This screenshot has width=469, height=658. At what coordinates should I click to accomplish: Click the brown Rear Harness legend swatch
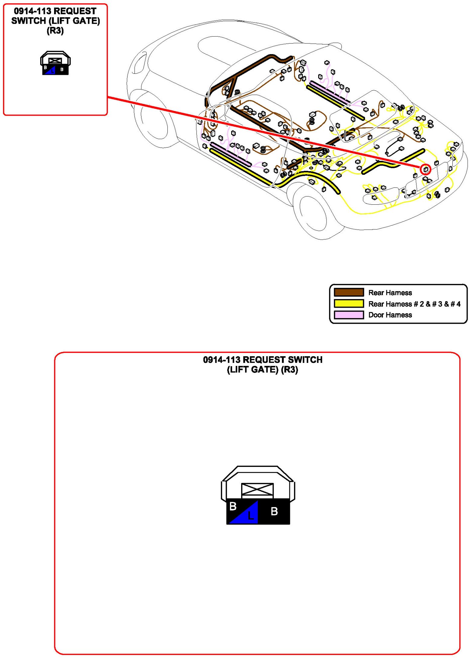(349, 292)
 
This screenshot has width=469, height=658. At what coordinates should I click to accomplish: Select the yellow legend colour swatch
(349, 304)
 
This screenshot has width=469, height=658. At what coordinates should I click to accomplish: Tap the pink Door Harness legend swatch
(349, 315)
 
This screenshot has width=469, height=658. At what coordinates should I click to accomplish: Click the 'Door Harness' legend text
(390, 315)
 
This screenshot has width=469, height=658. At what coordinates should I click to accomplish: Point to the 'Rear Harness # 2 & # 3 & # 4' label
(414, 304)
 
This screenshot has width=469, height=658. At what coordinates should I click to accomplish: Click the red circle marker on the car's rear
(425, 169)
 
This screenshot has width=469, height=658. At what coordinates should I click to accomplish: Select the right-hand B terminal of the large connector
(274, 511)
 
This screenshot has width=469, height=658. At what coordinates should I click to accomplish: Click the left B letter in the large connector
(233, 506)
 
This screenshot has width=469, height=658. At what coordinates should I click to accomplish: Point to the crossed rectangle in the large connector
(257, 490)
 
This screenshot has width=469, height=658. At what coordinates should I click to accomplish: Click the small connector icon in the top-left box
(55, 63)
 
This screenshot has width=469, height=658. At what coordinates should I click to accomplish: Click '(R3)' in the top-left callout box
(55, 31)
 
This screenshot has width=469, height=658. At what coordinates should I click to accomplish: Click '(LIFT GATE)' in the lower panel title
(253, 370)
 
